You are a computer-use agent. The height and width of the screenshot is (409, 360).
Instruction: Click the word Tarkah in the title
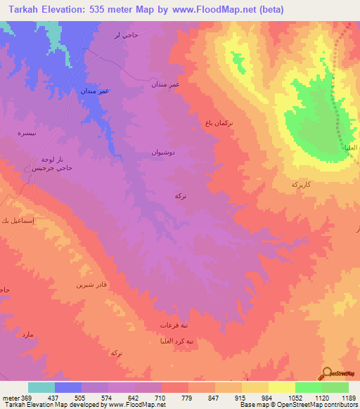tap(20, 9)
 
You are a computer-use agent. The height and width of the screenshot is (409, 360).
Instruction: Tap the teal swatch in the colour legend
tap(41, 387)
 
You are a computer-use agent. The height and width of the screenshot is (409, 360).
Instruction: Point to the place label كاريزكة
tap(301, 183)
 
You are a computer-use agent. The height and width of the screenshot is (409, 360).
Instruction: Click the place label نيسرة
tap(25, 133)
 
